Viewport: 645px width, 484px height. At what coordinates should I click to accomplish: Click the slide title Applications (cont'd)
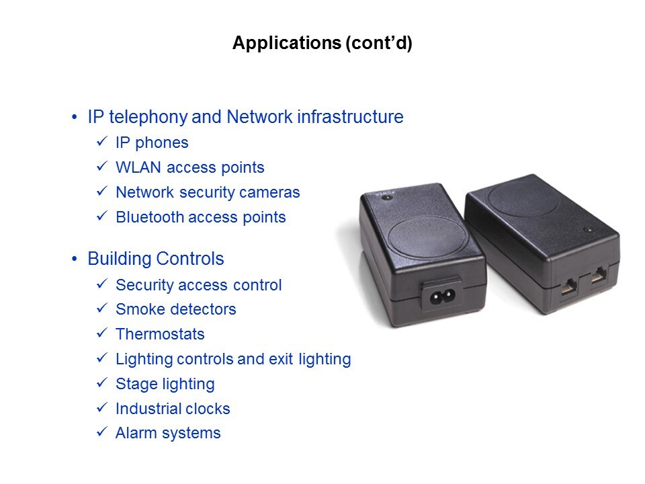(x=322, y=44)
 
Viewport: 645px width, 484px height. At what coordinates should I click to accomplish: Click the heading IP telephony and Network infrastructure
(x=245, y=117)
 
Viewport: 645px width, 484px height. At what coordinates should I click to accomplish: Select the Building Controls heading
(x=156, y=259)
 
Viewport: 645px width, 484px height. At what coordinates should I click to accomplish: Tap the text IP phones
(x=152, y=143)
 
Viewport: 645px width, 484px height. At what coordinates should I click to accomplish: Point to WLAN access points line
(x=189, y=167)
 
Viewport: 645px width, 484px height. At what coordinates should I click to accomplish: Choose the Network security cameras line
(x=208, y=192)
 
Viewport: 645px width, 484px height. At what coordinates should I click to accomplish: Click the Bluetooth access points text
(x=200, y=217)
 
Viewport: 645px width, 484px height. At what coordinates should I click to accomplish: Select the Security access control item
(x=198, y=285)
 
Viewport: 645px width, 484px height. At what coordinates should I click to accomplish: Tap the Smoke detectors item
(x=175, y=309)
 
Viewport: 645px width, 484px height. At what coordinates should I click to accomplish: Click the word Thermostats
(x=160, y=334)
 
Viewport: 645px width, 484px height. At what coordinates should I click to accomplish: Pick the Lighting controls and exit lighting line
(x=233, y=359)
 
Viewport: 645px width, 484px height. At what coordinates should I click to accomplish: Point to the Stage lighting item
(x=165, y=384)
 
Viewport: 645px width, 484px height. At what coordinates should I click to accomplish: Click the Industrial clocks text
(x=173, y=409)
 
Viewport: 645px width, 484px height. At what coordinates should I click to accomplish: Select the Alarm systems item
(x=168, y=434)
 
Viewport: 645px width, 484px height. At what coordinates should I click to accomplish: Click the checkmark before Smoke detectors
(x=103, y=309)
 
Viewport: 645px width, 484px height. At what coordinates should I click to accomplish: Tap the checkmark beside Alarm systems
(x=103, y=433)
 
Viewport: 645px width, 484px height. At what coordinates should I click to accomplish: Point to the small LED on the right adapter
(x=590, y=230)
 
